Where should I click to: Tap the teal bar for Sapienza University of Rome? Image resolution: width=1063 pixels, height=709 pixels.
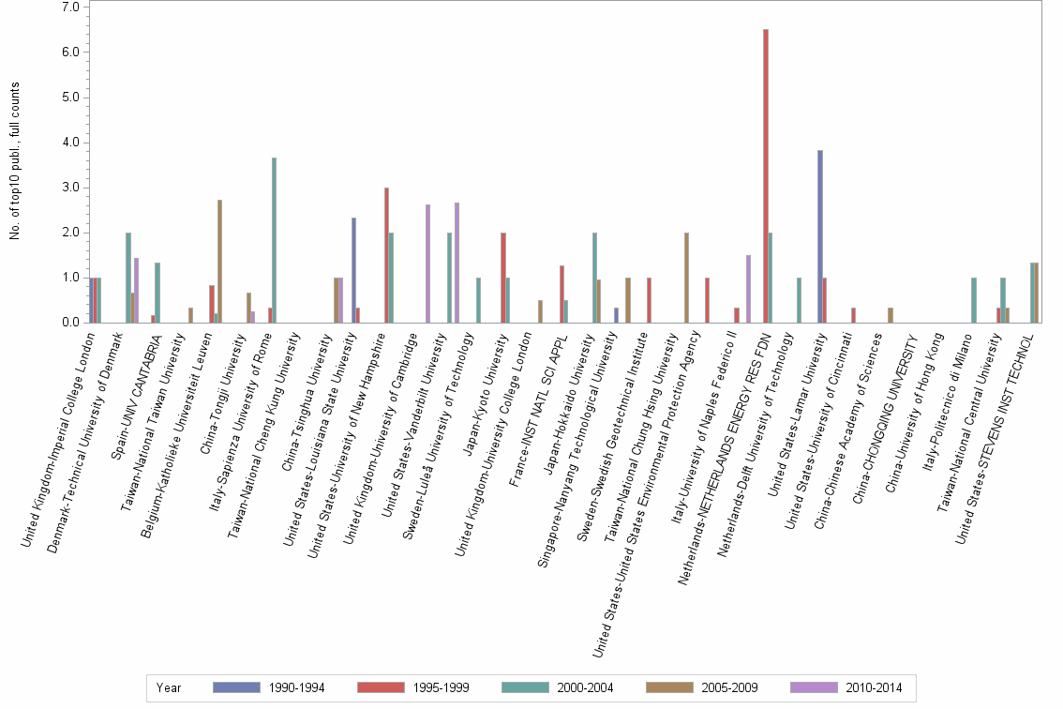275,240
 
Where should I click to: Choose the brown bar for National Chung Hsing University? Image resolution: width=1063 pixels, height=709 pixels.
686,278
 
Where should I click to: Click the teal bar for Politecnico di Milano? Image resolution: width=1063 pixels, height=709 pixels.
974,300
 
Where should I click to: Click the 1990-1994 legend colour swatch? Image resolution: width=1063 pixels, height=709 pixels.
237,687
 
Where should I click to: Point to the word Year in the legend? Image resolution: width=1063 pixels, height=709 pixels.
169,687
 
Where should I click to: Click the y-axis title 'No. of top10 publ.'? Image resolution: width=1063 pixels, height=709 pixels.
15,160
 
